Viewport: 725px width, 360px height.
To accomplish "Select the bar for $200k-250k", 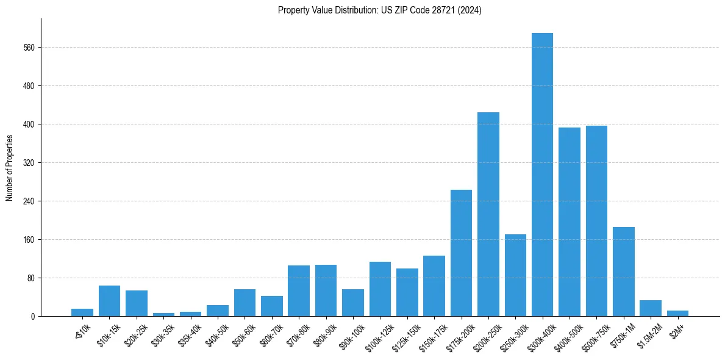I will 488,214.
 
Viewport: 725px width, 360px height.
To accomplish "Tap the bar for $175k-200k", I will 461,253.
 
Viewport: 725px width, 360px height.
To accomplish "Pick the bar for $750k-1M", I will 623,272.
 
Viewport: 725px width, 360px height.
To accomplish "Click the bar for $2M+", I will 677,314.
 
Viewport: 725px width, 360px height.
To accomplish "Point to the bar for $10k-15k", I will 109,301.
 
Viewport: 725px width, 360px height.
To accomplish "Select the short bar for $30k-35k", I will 163,314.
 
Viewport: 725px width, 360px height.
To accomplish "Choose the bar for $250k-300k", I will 515,275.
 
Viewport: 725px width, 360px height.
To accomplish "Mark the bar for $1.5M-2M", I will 651,308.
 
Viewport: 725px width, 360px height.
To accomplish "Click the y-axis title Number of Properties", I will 9,168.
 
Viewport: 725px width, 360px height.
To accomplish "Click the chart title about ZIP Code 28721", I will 379,10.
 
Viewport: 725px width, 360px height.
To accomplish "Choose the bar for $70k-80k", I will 299,290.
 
